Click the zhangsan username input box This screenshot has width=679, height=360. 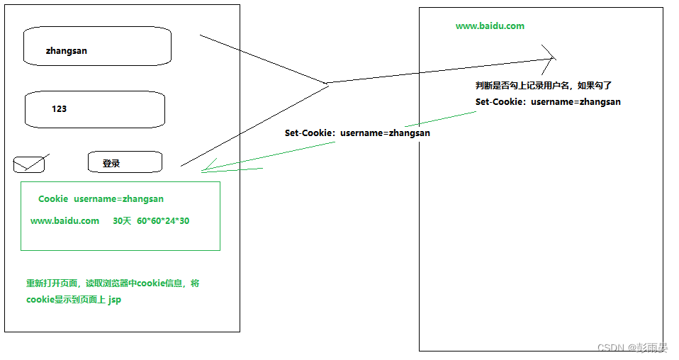[97, 46]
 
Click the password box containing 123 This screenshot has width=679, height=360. [95, 109]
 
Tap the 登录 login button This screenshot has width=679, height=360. [125, 162]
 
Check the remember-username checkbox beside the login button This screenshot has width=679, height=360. [29, 165]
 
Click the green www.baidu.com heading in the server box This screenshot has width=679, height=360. [490, 26]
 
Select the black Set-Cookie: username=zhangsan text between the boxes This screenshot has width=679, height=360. [357, 133]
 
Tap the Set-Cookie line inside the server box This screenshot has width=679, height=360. [548, 101]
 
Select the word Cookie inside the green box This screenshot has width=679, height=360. [53, 199]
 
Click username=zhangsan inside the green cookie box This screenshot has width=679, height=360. [118, 199]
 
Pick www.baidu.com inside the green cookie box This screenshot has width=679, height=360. [64, 220]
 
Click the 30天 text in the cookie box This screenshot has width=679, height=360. [123, 220]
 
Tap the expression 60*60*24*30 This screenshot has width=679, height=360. [163, 220]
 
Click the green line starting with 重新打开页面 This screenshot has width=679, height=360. [113, 283]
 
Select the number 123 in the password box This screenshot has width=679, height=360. [59, 109]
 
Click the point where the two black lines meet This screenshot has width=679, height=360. [327, 84]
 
